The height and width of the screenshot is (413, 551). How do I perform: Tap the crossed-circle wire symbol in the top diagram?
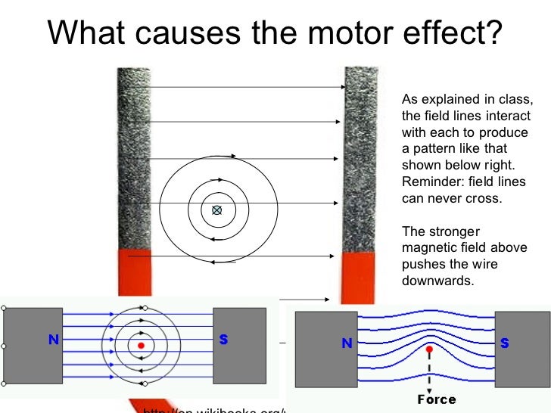click(x=217, y=210)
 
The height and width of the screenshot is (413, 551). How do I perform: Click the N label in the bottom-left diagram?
click(x=54, y=340)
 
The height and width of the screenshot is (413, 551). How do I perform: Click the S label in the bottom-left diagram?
click(x=223, y=340)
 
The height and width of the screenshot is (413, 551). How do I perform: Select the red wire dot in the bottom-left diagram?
click(x=141, y=346)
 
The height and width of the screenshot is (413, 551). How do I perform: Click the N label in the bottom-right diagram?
click(x=347, y=343)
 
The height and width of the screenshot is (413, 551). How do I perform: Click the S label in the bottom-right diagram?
click(x=504, y=343)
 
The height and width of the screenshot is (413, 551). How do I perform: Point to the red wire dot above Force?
click(x=429, y=350)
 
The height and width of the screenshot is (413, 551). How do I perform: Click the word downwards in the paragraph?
click(x=431, y=280)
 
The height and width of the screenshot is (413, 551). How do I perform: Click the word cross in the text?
click(x=485, y=198)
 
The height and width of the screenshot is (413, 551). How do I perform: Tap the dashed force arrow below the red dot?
click(x=429, y=374)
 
